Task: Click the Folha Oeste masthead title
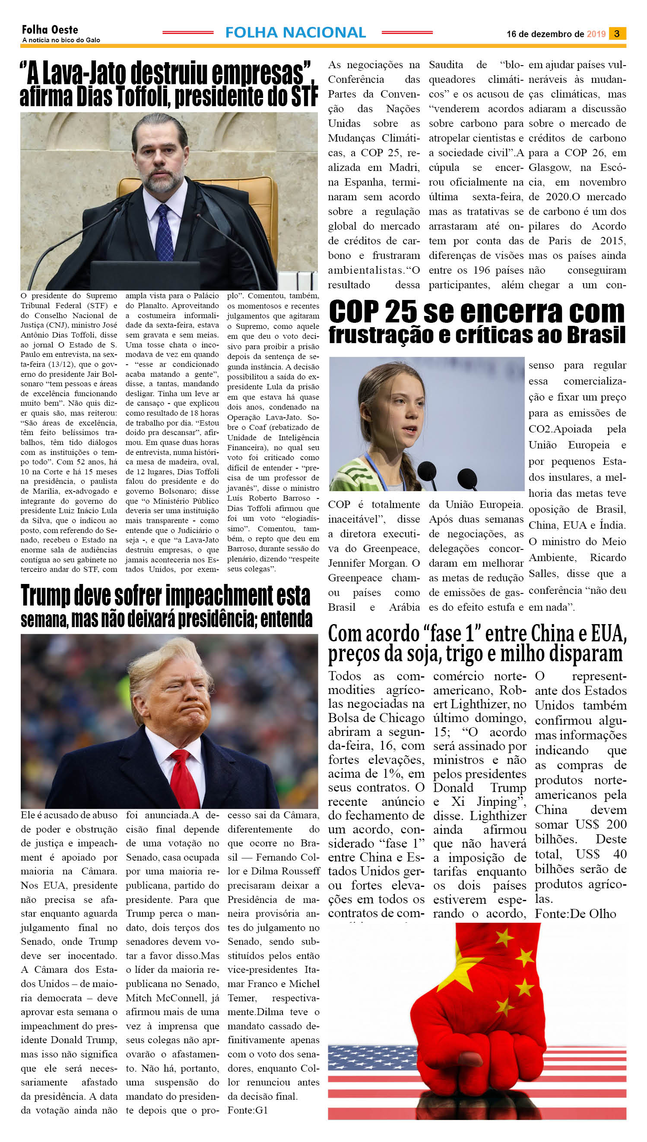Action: tap(50, 30)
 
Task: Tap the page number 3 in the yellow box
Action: tap(617, 34)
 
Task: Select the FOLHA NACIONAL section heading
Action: tap(295, 32)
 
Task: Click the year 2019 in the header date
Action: tap(596, 34)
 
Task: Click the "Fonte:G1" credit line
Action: tap(247, 1110)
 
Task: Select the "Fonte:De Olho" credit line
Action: tap(575, 914)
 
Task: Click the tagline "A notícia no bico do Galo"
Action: tap(61, 40)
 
